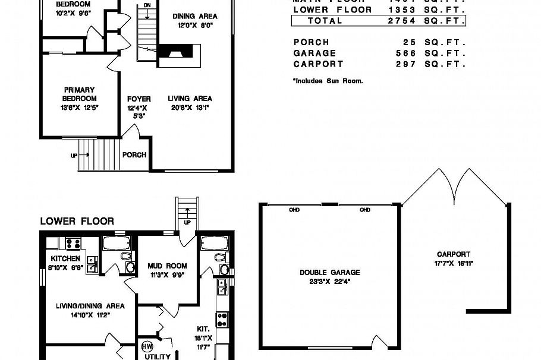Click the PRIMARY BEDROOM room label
(x=79, y=94)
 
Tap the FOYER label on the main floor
(x=139, y=99)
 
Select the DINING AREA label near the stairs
(x=194, y=16)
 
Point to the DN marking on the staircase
(x=147, y=5)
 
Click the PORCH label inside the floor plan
(x=134, y=155)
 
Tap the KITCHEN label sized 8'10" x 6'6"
(x=65, y=258)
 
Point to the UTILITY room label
(x=158, y=356)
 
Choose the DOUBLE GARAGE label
(x=329, y=273)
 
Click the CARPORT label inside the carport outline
(x=454, y=254)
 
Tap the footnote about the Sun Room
(x=328, y=80)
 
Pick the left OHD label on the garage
(x=294, y=210)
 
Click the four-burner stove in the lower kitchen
(x=73, y=243)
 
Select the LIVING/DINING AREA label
(x=90, y=306)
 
